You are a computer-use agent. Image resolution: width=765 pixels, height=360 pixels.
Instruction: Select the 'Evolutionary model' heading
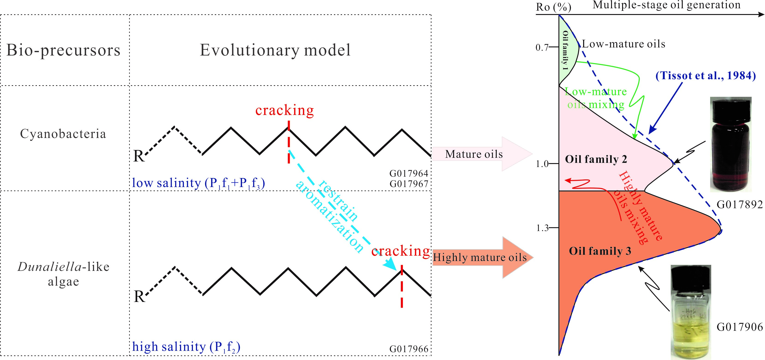tap(275, 50)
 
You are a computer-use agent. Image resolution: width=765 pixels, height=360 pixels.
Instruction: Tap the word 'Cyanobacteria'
tap(63, 134)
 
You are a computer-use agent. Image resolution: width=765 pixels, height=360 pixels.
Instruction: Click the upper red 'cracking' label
tap(284, 110)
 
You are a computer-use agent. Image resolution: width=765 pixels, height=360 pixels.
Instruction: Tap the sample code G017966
tap(409, 349)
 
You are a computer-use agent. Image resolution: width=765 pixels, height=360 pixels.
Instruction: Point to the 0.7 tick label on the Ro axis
tap(542, 47)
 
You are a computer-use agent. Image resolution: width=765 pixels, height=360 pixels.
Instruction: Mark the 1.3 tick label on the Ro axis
tap(542, 228)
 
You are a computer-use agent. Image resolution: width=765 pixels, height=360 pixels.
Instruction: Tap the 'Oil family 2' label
tap(596, 159)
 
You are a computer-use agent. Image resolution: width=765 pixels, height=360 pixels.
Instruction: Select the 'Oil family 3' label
tap(600, 251)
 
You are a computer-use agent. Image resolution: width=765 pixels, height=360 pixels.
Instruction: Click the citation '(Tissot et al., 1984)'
tap(706, 76)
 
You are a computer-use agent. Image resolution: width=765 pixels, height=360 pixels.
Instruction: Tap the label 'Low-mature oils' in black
tap(623, 44)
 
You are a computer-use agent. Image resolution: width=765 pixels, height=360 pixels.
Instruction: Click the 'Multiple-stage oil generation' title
tap(666, 5)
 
